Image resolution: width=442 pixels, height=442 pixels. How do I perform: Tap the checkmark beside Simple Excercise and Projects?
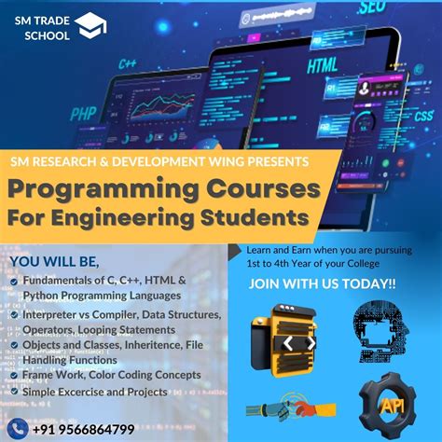13,393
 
